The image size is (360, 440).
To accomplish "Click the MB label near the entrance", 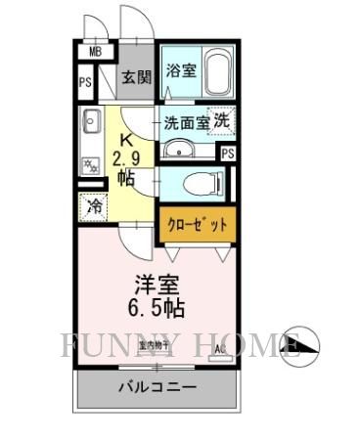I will click(x=96, y=53).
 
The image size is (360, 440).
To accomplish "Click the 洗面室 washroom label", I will click(x=186, y=124).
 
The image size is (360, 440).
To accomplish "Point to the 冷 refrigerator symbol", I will click(x=94, y=207).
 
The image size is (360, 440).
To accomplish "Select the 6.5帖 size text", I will click(x=158, y=309).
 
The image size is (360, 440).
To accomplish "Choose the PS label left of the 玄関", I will click(x=85, y=83).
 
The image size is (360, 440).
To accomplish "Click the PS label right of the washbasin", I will click(x=227, y=154).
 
